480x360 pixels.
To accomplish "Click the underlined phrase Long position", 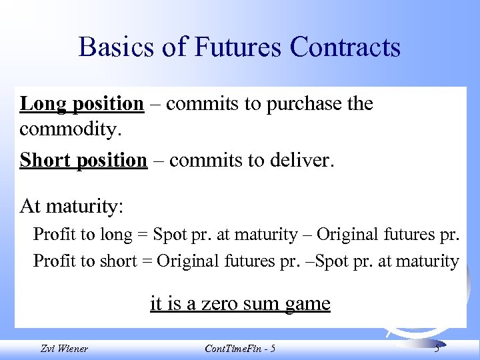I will coord(81,104).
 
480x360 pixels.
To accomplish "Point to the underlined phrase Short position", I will coord(83,161).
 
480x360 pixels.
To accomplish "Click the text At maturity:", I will coord(71,206).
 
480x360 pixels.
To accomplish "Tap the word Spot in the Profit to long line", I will coord(167,235).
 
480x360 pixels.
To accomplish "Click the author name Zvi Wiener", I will coord(64,349).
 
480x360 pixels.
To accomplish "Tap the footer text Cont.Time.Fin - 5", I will coord(240,349).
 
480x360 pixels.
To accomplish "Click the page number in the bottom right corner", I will coord(437,349).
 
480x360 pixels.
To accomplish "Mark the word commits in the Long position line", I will coord(197,105).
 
